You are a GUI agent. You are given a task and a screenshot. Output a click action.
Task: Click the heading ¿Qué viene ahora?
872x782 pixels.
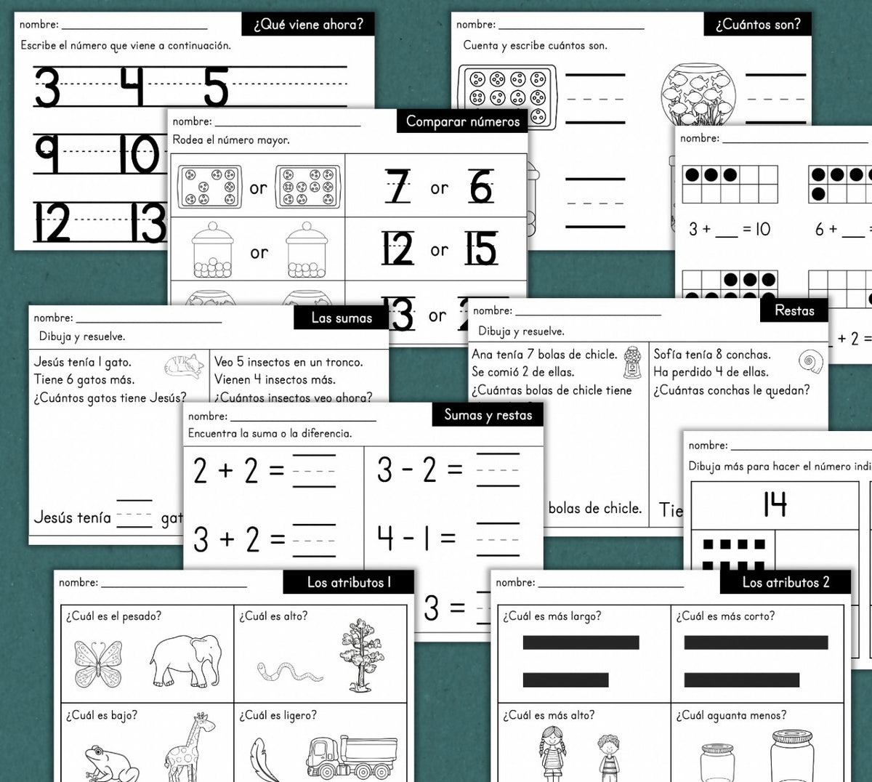[x=308, y=24]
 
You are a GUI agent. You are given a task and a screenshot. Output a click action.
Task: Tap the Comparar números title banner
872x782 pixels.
[x=462, y=121]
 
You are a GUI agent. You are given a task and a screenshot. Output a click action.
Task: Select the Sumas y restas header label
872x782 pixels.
[x=488, y=415]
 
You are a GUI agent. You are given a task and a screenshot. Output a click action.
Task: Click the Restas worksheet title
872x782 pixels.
[x=794, y=310]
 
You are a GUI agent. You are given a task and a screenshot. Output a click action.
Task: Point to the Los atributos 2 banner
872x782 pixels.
[x=786, y=582]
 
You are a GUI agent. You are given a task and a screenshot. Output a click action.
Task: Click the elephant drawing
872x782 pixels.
[x=186, y=660]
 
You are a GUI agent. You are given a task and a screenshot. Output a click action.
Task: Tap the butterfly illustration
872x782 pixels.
[x=98, y=663]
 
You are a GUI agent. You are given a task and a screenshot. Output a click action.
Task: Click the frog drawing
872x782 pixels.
[x=109, y=763]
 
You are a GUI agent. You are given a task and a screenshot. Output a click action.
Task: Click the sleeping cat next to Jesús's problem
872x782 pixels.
[x=185, y=366]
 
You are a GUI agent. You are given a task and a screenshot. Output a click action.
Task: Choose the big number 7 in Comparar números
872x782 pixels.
[x=398, y=187]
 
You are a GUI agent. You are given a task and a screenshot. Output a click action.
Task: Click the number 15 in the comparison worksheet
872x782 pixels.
[x=480, y=249]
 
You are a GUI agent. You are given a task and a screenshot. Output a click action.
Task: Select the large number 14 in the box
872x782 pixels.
[x=775, y=504]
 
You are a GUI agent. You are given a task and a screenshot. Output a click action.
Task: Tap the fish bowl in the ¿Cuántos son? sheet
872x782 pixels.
[x=698, y=94]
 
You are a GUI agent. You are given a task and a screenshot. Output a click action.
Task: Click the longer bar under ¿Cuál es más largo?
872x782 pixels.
[x=581, y=642]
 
